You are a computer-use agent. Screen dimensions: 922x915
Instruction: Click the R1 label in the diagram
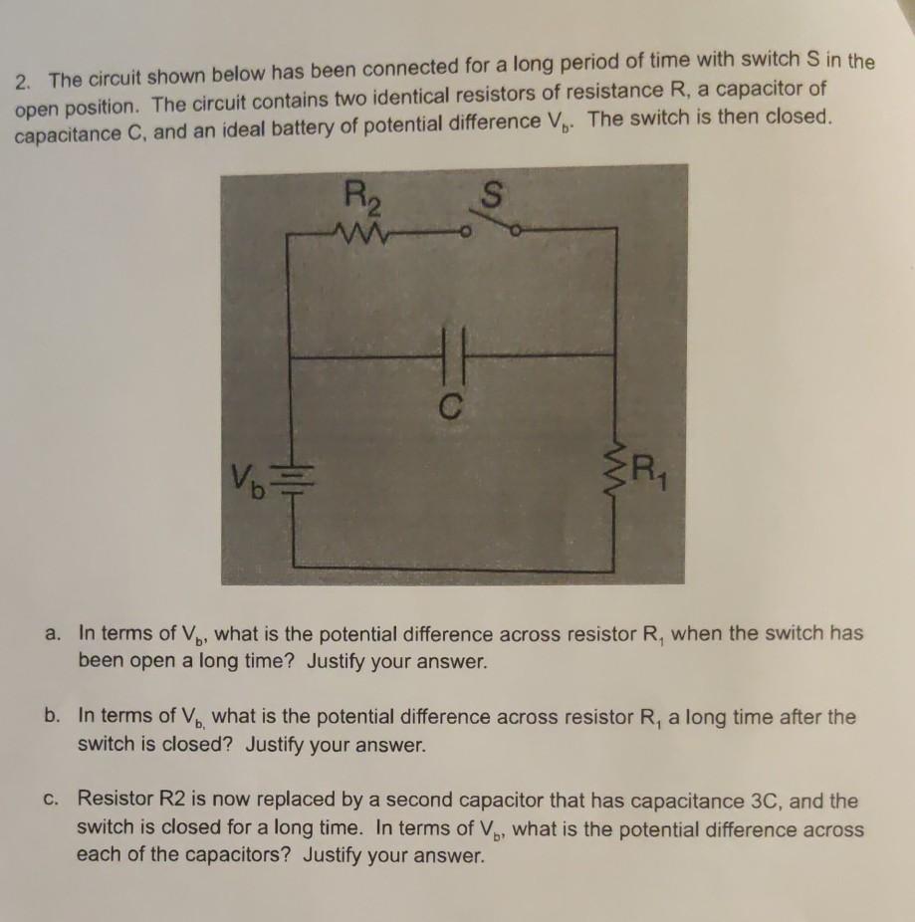[648, 466]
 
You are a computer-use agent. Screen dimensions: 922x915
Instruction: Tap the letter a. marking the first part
[56, 633]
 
